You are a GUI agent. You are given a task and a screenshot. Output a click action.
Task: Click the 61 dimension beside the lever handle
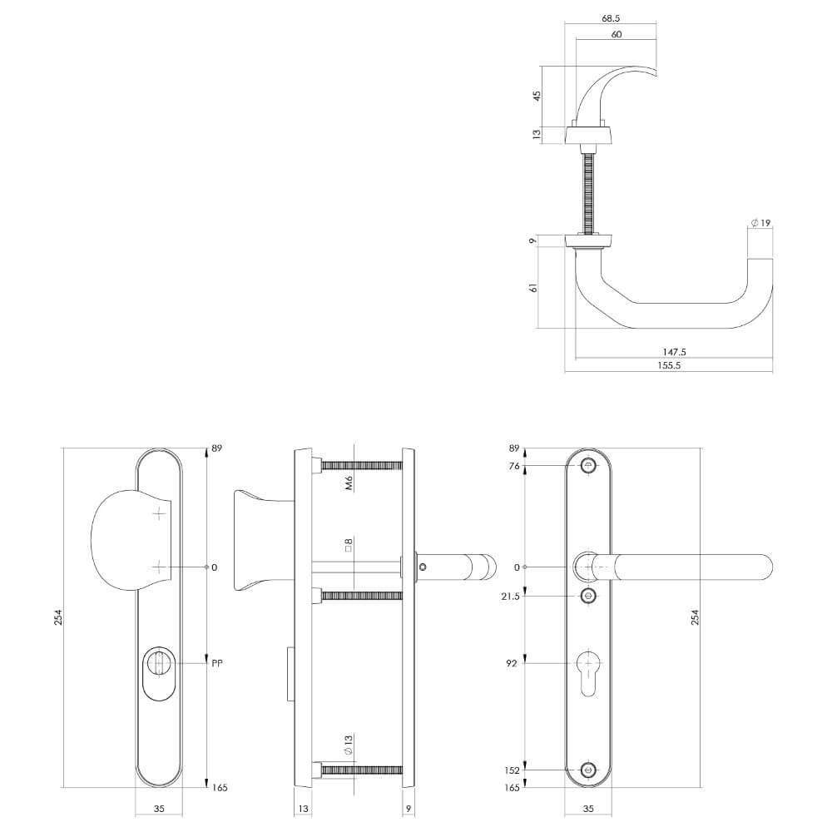click(533, 287)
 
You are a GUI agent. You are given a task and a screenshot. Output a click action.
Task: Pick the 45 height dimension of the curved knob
click(537, 96)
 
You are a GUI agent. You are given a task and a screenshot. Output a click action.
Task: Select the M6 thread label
click(349, 482)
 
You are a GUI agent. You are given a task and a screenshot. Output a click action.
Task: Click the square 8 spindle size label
click(349, 546)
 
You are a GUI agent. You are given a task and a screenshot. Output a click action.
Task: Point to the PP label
click(217, 664)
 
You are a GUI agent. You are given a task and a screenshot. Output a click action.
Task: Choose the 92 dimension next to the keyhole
click(513, 664)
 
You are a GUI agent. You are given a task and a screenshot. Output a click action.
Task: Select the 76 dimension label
click(513, 467)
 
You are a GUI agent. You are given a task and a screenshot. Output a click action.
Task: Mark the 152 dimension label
click(511, 770)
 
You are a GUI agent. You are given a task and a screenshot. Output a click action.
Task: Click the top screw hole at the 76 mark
click(590, 466)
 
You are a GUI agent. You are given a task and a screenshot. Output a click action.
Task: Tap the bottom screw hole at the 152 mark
click(590, 770)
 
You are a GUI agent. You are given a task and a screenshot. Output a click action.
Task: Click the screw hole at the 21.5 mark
click(590, 596)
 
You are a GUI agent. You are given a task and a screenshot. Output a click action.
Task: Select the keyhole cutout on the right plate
click(590, 671)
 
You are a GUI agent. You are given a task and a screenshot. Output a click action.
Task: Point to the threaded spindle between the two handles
click(591, 190)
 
